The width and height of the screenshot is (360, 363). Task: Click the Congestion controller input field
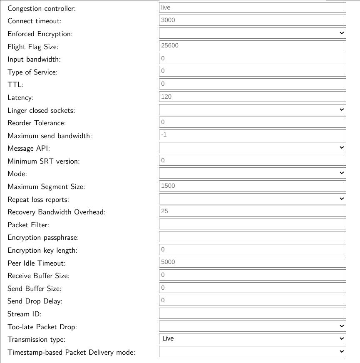tap(252, 7)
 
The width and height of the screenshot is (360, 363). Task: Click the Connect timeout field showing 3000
tap(252, 20)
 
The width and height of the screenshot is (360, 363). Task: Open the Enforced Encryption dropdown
tap(252, 33)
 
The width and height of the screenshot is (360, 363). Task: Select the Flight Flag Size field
tap(252, 46)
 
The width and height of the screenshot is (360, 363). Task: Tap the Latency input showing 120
tap(252, 97)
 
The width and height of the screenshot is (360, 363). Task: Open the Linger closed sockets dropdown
tap(252, 109)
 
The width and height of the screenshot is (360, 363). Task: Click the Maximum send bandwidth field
tap(252, 135)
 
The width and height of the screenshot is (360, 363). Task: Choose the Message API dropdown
tap(252, 147)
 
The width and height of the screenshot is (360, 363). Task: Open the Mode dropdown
tap(252, 173)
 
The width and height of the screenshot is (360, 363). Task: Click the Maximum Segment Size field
tap(252, 186)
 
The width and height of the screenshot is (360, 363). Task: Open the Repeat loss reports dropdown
tap(252, 199)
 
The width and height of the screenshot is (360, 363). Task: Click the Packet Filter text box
tap(252, 224)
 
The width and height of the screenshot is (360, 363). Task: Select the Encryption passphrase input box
tap(252, 237)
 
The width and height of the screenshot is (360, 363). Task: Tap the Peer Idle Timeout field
tap(252, 262)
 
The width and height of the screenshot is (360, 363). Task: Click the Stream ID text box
tap(252, 313)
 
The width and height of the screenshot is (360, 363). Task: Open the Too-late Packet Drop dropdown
tap(252, 326)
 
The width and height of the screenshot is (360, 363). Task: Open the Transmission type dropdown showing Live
tap(252, 338)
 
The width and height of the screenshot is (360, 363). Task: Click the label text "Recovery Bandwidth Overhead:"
tap(57, 212)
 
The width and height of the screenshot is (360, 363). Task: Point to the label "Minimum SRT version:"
tap(43, 161)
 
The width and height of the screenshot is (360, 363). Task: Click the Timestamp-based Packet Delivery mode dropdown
tap(252, 352)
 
